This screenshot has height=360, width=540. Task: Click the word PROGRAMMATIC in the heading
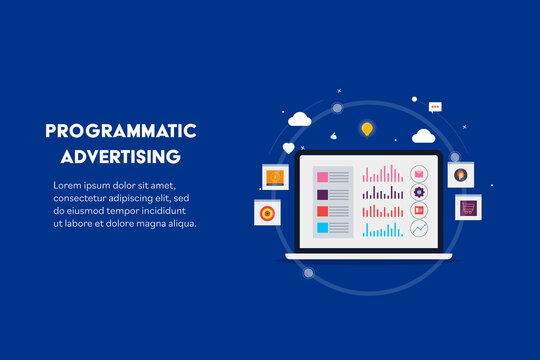point(121,132)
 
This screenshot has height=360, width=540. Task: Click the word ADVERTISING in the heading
point(121,157)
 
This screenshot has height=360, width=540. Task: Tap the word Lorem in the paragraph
point(71,186)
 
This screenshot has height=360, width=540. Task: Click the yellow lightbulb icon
point(367,129)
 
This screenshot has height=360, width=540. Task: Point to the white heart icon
point(289,148)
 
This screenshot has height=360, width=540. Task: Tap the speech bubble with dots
point(435,106)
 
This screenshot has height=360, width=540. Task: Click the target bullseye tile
point(267,213)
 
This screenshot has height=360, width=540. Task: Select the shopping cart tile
point(468,208)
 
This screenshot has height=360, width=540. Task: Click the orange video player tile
point(275,177)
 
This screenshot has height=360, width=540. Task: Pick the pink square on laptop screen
point(323,176)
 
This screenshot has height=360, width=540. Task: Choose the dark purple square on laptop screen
point(323,194)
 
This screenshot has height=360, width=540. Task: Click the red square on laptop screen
point(323,211)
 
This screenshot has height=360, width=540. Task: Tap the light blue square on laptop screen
point(323,228)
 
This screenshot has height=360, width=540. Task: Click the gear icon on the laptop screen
point(419,192)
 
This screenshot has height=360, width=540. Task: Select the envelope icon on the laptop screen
point(419,174)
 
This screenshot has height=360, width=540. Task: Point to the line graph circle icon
point(419,229)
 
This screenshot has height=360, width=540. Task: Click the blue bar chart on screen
point(382,230)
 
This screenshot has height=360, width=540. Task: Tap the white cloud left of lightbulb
point(299,119)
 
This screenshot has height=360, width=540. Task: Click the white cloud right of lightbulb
point(423,136)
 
